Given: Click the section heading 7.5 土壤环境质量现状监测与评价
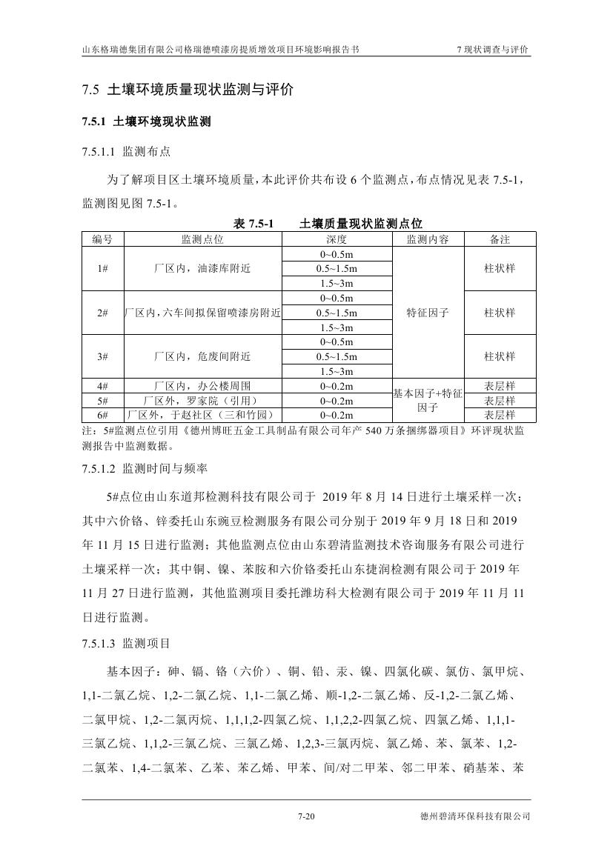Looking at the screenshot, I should (188, 90).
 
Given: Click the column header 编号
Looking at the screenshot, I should (103, 239).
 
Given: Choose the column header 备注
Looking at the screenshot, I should (500, 239).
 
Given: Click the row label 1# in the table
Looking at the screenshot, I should (103, 268).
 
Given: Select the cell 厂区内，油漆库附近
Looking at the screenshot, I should (202, 268).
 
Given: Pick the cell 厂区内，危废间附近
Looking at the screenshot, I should (202, 356).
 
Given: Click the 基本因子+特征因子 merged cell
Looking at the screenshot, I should (428, 401).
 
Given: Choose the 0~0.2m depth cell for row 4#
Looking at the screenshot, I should (336, 386).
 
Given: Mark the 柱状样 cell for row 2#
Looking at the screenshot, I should (500, 313).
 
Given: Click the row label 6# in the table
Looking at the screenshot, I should (103, 415).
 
